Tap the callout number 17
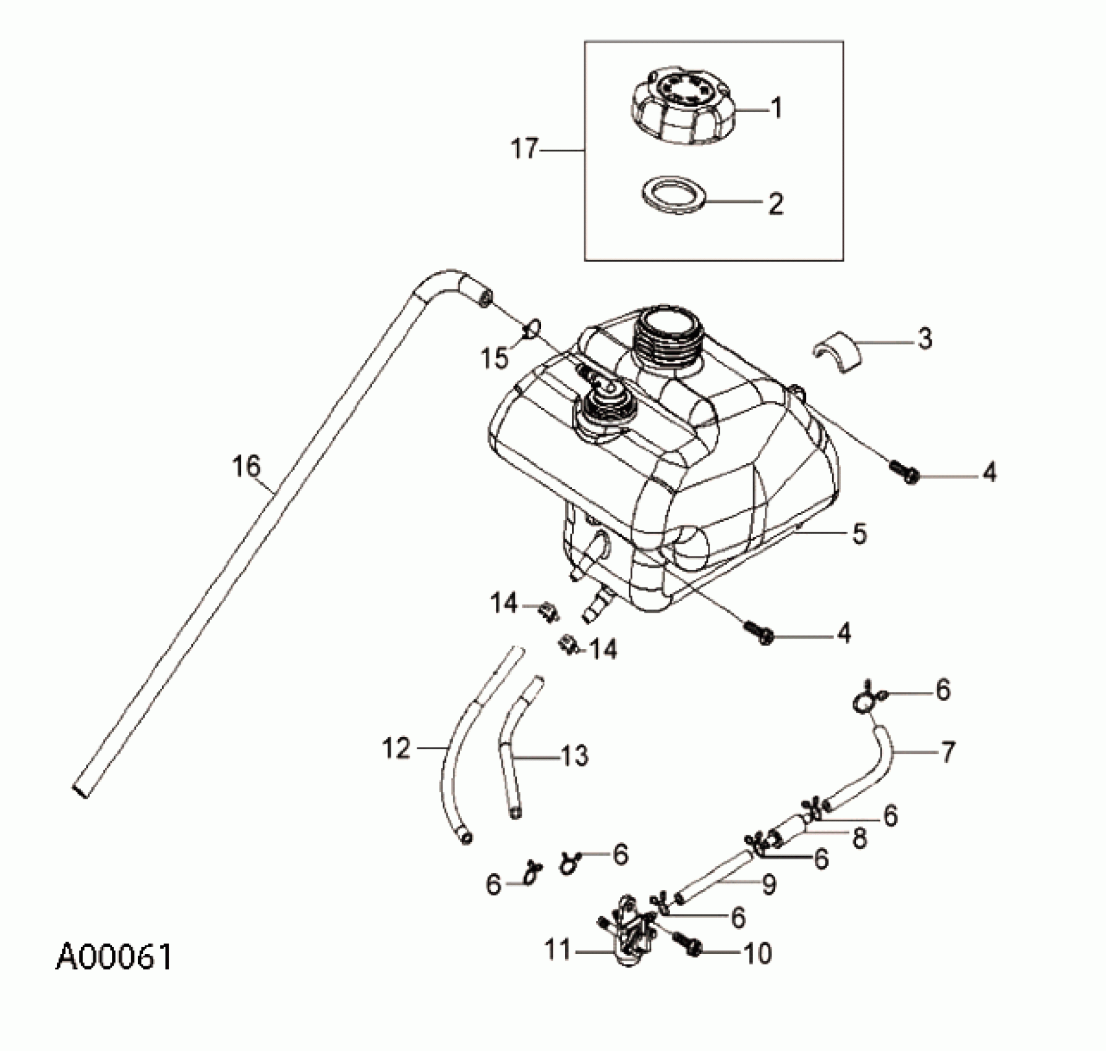(x=525, y=150)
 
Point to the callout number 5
(x=859, y=534)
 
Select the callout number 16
(x=246, y=466)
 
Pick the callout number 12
(x=396, y=749)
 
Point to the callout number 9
(x=768, y=885)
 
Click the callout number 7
(x=948, y=752)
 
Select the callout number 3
(x=924, y=339)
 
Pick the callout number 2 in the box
(x=776, y=203)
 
